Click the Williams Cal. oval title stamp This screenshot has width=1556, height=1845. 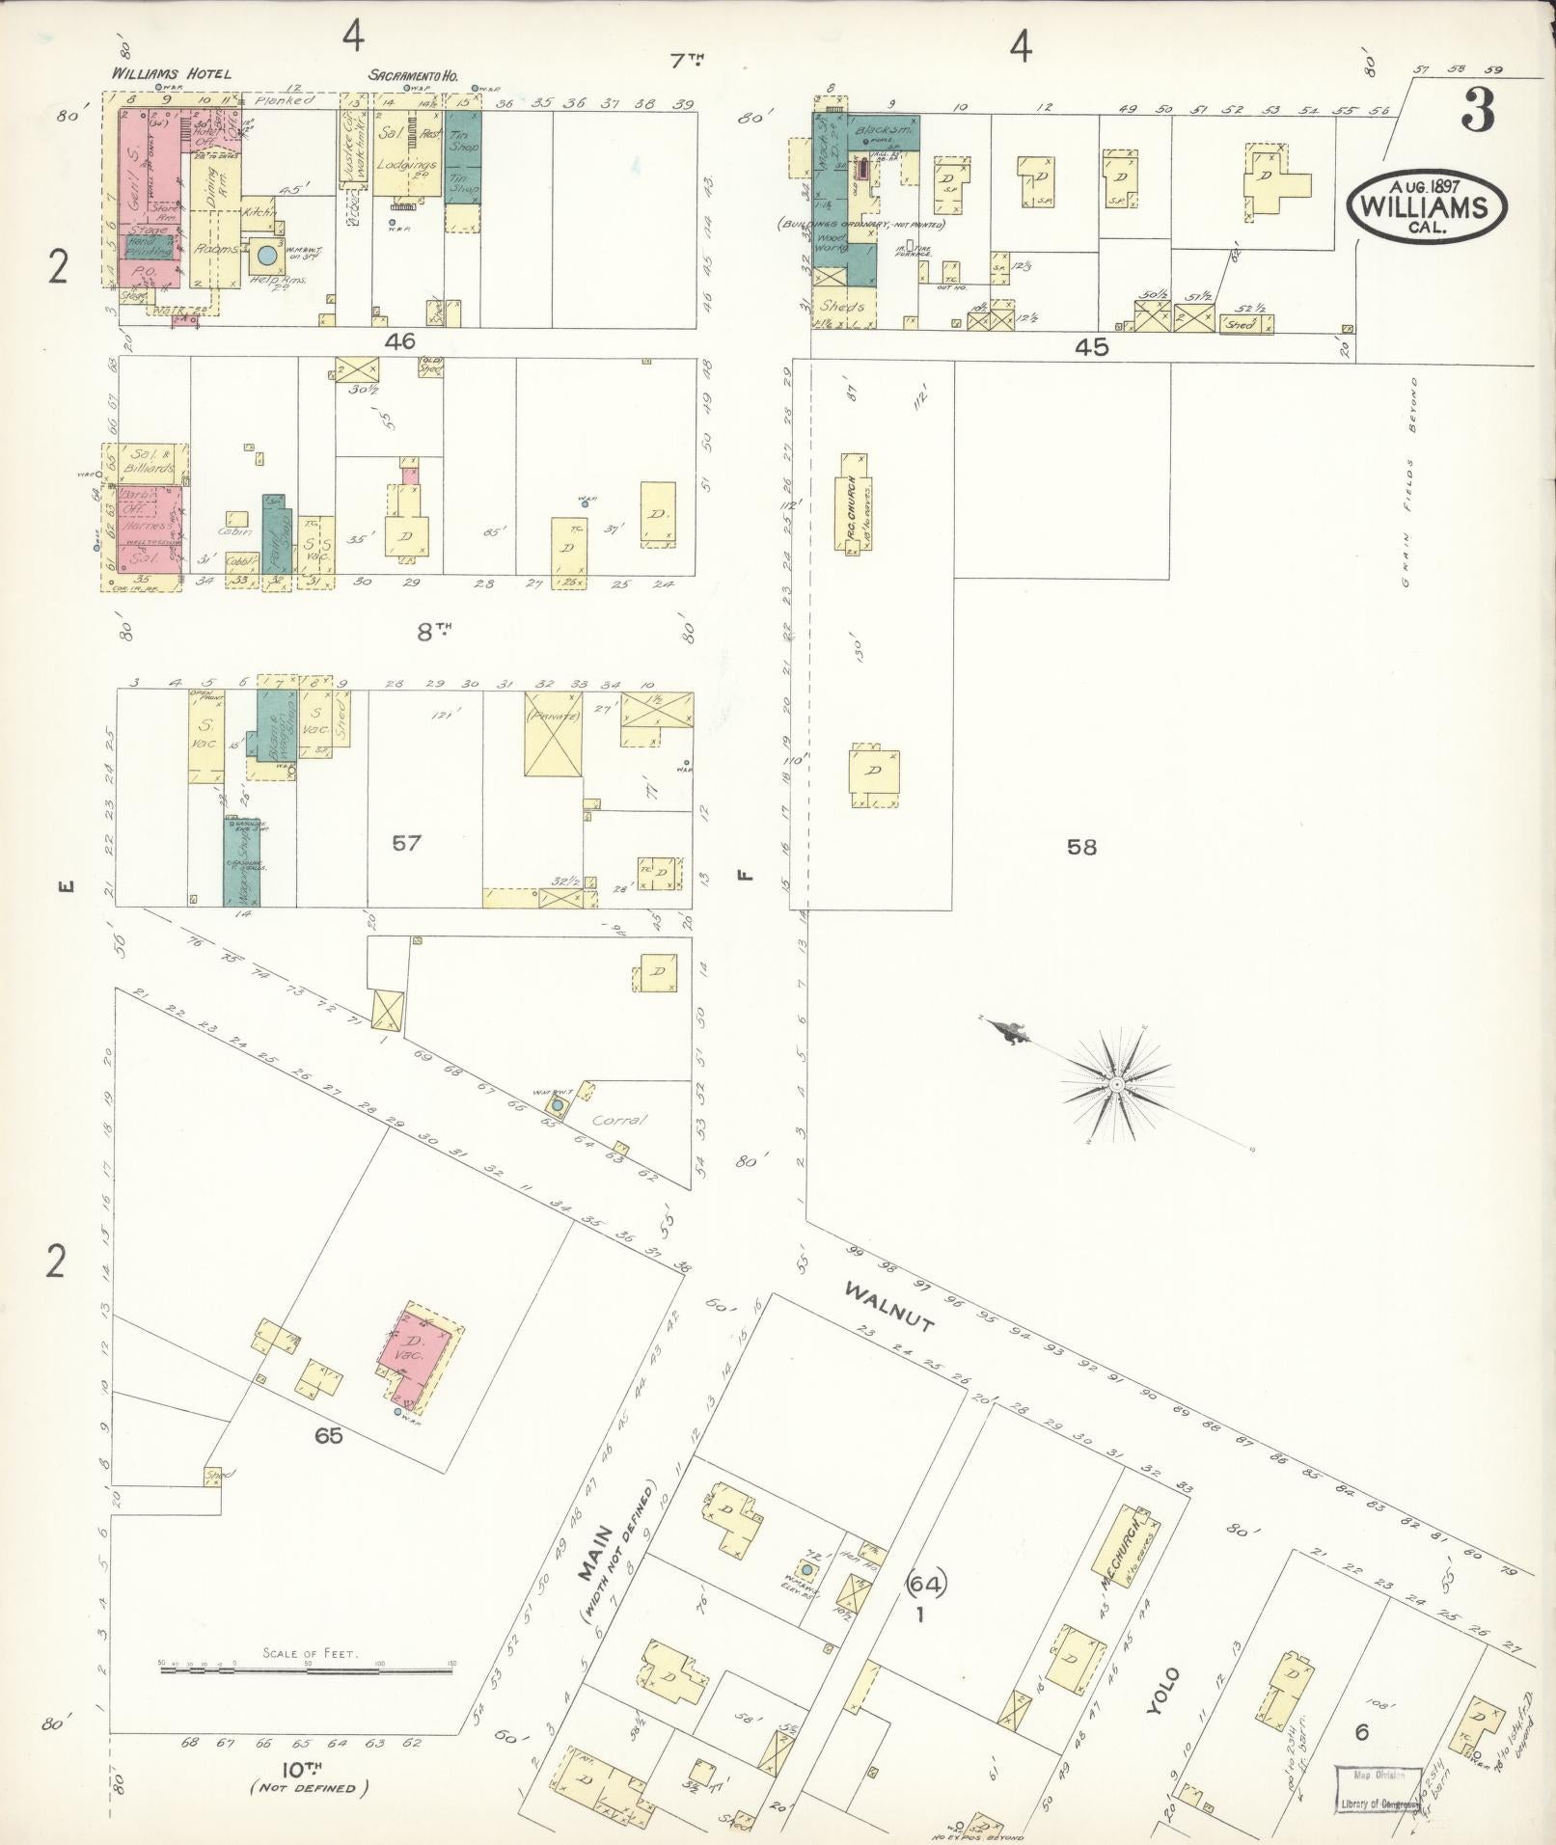pos(1426,204)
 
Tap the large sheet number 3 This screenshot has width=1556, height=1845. pos(1477,112)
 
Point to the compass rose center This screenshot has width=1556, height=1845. pos(1116,1084)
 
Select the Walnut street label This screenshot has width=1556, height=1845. pos(887,1307)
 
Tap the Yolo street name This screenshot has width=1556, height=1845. pos(1162,1690)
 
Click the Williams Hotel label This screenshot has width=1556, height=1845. pos(171,73)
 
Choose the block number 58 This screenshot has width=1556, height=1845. pos(1081,847)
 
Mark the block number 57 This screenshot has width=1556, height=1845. pos(406,843)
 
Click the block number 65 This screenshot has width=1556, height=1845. pos(328,1435)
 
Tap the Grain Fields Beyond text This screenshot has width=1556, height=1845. pos(1410,482)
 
